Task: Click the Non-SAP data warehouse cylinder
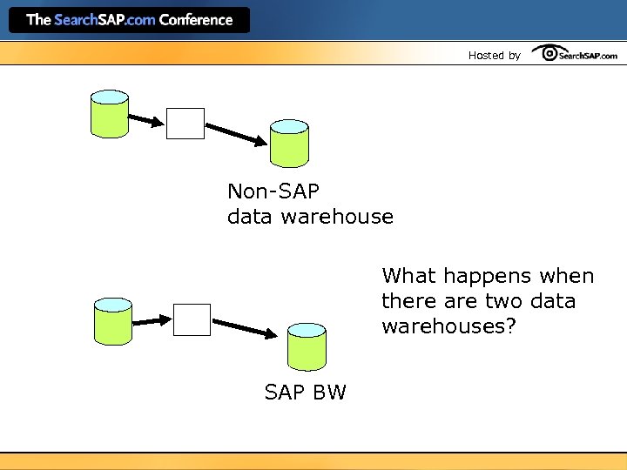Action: click(288, 143)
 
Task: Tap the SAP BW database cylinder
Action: click(307, 346)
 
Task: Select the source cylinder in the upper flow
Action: click(110, 114)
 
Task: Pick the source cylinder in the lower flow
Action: click(113, 321)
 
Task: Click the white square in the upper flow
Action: click(185, 124)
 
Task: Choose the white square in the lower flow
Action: click(192, 319)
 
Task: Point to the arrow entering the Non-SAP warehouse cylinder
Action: click(236, 134)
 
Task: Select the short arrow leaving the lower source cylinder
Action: click(152, 320)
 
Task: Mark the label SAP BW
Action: click(305, 393)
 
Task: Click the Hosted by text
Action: click(494, 56)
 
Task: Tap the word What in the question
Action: click(408, 276)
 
